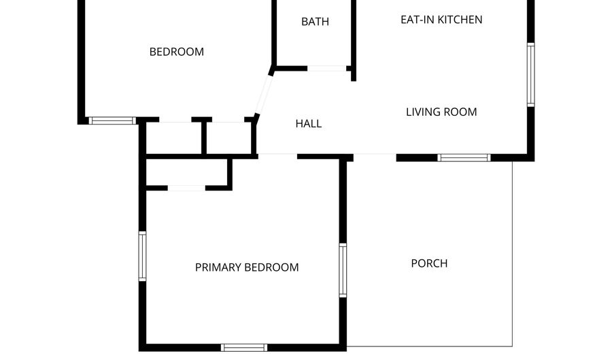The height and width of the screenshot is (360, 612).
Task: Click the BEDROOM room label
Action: pos(176,52)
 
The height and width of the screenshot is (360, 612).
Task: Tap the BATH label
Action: pos(315,22)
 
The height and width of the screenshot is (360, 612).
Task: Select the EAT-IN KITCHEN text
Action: pos(441,19)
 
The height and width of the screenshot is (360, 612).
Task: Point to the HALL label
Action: pos(308,124)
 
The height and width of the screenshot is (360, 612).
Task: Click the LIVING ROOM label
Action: pos(441,112)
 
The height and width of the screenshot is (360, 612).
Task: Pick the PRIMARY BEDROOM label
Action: pos(247,267)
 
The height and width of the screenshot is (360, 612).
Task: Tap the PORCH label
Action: pos(429,263)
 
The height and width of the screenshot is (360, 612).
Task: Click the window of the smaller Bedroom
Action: pos(113,120)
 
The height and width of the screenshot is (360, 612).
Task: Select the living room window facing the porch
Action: pos(464,157)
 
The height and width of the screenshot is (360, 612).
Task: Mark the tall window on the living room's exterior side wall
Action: pos(530,75)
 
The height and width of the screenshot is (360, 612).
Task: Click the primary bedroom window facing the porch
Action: pos(343,270)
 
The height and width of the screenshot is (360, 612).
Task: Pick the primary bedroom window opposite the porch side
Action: pos(143,256)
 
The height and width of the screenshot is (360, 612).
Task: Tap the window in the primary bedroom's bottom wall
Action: pos(244,347)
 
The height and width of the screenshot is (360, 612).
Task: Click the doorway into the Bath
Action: pos(327,68)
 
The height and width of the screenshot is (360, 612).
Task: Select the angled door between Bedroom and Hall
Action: pos(263,93)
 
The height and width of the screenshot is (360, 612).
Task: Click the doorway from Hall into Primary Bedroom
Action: pos(277,156)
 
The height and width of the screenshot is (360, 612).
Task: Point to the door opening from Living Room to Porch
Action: pos(375,157)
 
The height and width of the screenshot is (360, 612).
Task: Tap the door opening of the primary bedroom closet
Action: pos(186,187)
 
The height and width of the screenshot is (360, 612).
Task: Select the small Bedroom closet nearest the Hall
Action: pos(229,139)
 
